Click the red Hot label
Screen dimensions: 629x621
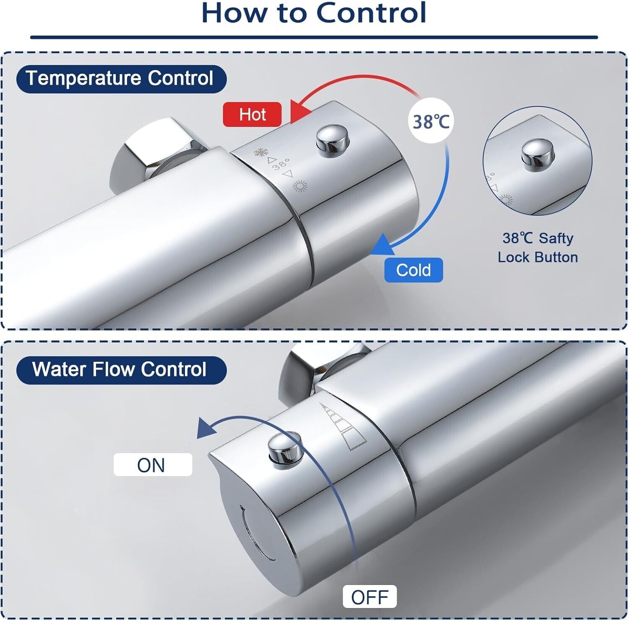point(252,114)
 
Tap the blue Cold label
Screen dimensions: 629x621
point(413,270)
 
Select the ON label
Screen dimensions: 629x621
point(153,465)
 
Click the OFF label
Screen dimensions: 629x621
point(369,597)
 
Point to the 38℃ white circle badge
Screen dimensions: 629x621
point(431,121)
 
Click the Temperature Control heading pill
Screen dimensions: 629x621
point(121,79)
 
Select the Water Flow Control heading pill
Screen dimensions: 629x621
point(121,370)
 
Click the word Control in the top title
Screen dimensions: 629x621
point(371,13)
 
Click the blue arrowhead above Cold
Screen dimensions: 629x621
point(382,245)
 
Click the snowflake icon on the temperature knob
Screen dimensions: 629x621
point(261,152)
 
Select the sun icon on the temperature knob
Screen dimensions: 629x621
point(299,186)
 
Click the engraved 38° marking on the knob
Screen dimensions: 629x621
point(281,165)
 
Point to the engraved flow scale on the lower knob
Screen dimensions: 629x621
point(342,426)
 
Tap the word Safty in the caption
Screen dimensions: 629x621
point(556,238)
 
